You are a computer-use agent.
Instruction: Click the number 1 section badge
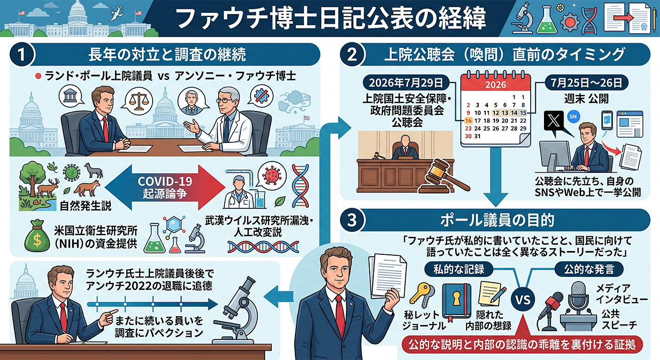point(22,55)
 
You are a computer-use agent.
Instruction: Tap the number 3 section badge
point(352,220)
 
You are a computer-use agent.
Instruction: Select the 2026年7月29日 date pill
point(406,83)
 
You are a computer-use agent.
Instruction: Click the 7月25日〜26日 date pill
point(586,83)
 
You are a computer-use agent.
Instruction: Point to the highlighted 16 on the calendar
point(468,121)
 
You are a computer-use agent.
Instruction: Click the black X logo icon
point(554,121)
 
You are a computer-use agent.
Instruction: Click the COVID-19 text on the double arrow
point(164,181)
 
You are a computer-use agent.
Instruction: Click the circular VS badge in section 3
point(523,300)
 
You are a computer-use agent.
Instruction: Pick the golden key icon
point(422,296)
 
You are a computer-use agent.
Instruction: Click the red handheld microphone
point(550,305)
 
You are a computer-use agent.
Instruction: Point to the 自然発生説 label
point(86,206)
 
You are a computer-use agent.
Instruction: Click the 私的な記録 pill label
point(459,269)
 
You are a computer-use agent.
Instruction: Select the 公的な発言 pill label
point(589,269)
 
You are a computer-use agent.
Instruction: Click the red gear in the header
point(569,22)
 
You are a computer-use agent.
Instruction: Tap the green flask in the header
point(547,20)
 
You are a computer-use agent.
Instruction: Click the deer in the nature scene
point(47,188)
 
